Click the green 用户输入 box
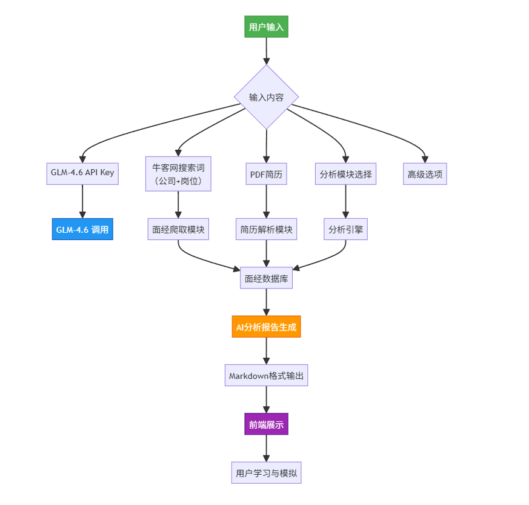266,27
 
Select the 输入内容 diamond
266,97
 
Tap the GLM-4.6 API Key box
82,174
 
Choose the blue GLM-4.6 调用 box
82,229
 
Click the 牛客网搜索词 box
178,174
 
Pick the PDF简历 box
266,174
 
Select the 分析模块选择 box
345,174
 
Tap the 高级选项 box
425,174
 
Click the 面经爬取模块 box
178,229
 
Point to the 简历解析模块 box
266,229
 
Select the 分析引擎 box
345,229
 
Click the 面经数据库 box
266,278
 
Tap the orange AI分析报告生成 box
266,326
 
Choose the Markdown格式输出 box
266,375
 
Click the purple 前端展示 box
266,424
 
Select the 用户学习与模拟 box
266,473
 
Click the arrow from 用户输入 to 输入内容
266,51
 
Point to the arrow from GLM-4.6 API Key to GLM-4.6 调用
82,201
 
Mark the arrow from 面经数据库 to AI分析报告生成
266,302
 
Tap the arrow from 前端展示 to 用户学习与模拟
266,448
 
